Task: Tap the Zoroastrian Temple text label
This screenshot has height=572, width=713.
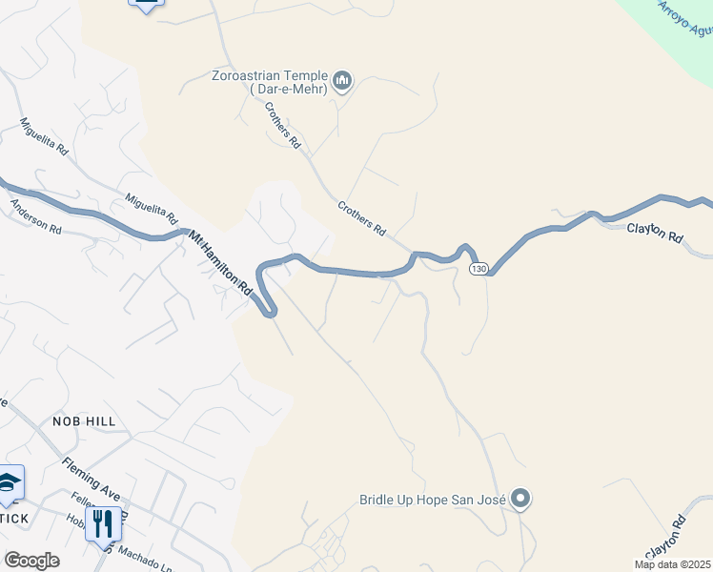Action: point(271,82)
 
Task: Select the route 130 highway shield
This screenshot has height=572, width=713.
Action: point(479,269)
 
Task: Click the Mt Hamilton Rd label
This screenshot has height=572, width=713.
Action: point(220,262)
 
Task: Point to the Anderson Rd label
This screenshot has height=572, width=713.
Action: point(35,215)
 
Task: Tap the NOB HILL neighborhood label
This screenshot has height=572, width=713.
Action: point(84,421)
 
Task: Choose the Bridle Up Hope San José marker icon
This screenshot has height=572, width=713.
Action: point(520,499)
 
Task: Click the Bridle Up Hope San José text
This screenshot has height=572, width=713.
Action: point(432,500)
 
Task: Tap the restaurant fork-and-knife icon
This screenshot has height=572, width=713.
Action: point(99,523)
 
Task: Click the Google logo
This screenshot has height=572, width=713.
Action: point(31,561)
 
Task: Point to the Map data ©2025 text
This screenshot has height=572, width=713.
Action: point(672,564)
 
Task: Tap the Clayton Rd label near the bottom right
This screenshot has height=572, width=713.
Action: point(665,538)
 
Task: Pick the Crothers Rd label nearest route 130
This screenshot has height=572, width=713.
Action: point(361,217)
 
